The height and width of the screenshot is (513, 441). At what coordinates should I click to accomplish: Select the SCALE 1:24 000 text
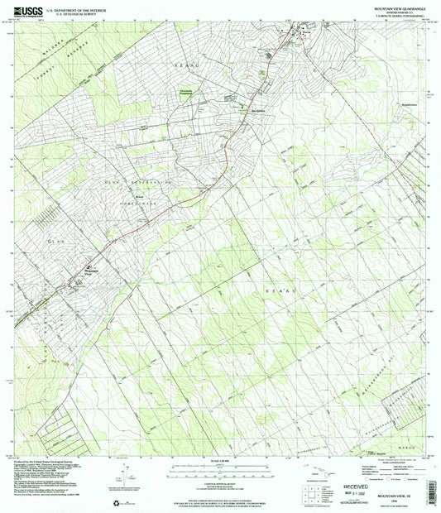coord(221,460)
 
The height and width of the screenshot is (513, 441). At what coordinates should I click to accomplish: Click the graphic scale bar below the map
coord(221,467)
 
